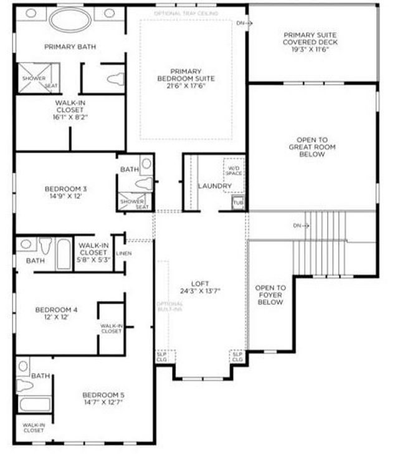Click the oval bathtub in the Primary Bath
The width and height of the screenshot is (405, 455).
70,20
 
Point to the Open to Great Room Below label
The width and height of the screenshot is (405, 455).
312,147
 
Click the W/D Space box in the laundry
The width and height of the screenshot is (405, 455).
234,170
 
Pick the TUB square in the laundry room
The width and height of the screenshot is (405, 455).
238,203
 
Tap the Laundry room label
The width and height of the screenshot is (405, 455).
215,186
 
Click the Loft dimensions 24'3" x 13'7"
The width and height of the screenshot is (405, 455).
200,290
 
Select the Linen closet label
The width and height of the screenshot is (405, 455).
124,253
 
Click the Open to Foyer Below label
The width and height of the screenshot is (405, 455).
270,295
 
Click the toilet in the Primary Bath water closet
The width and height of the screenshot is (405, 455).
115,79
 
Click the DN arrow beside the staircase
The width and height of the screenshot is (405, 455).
302,225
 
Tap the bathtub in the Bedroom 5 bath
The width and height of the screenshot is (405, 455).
35,405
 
